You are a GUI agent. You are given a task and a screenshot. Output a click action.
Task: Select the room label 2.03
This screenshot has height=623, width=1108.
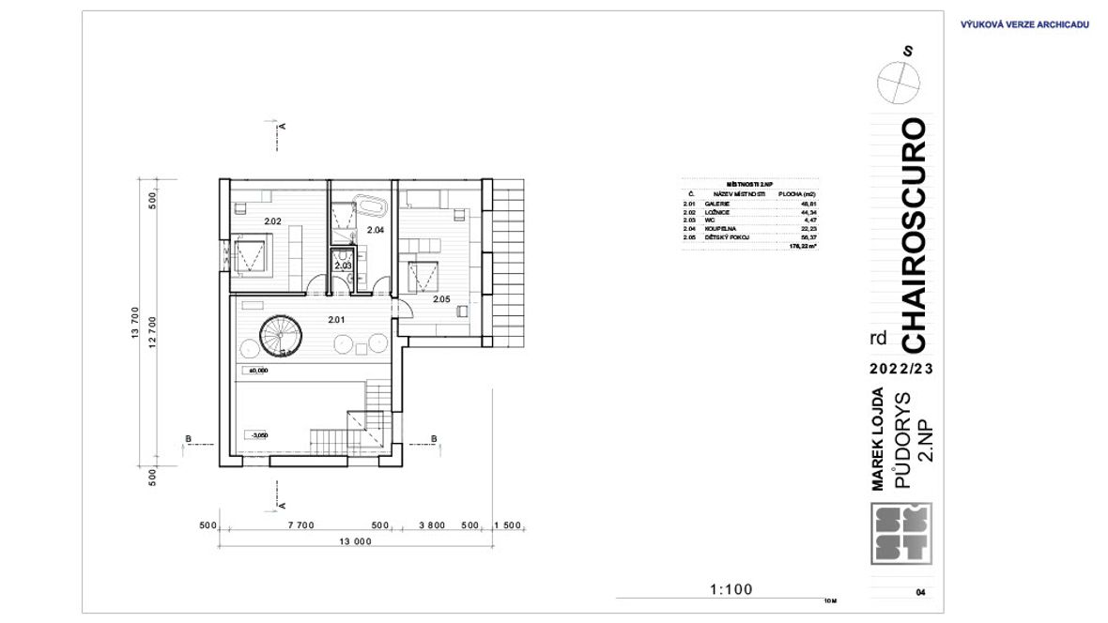[x=343, y=266]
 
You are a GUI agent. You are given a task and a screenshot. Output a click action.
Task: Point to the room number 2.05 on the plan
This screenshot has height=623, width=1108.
[x=442, y=299]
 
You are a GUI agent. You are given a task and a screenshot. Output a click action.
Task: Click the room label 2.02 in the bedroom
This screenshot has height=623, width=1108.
[x=272, y=221]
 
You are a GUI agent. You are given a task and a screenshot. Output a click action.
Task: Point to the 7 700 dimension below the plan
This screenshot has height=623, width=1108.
[x=300, y=525]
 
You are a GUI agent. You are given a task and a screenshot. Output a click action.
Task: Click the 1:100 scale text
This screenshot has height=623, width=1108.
[x=732, y=589]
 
